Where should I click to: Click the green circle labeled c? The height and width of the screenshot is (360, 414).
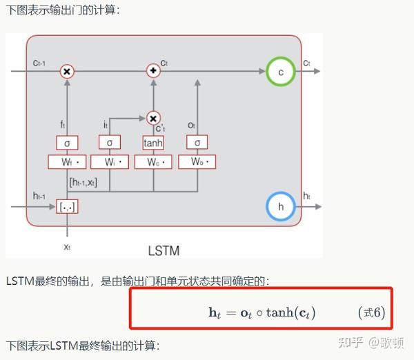pyautogui.click(x=280, y=71)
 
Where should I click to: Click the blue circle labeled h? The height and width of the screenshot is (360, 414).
pyautogui.click(x=280, y=206)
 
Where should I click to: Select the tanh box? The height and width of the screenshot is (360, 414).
pyautogui.click(x=152, y=143)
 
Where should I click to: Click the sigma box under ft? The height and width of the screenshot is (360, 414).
pyautogui.click(x=66, y=143)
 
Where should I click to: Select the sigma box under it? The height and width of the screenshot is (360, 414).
pyautogui.click(x=110, y=143)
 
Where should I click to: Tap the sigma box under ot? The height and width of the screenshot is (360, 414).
pyautogui.click(x=197, y=143)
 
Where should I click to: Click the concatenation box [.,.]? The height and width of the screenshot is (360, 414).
pyautogui.click(x=67, y=206)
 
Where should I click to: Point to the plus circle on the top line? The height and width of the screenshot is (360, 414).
pyautogui.click(x=153, y=71)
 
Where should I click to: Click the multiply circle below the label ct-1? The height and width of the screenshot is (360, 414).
pyautogui.click(x=67, y=71)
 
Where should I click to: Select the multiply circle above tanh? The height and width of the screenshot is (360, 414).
pyautogui.click(x=153, y=119)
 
